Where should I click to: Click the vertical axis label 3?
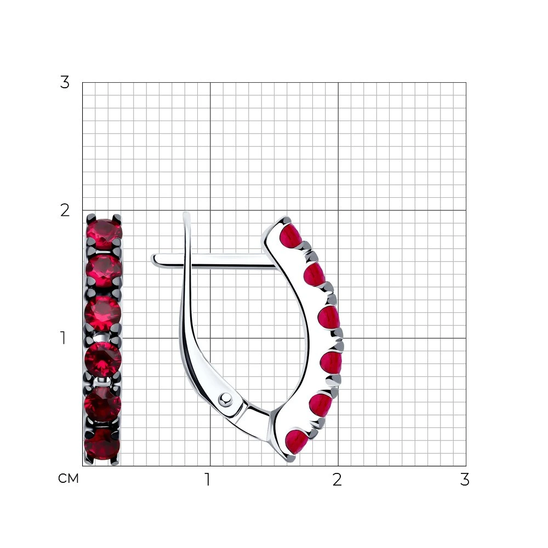(x=65, y=83)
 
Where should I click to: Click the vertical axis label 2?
(x=65, y=210)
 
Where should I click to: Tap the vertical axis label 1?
(x=63, y=338)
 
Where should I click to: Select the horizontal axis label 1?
(x=208, y=480)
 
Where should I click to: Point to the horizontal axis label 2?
(x=337, y=480)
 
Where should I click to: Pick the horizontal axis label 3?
(x=465, y=480)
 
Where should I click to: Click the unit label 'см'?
(x=68, y=478)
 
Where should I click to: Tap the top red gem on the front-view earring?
(x=104, y=233)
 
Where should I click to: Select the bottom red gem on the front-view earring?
(x=102, y=444)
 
